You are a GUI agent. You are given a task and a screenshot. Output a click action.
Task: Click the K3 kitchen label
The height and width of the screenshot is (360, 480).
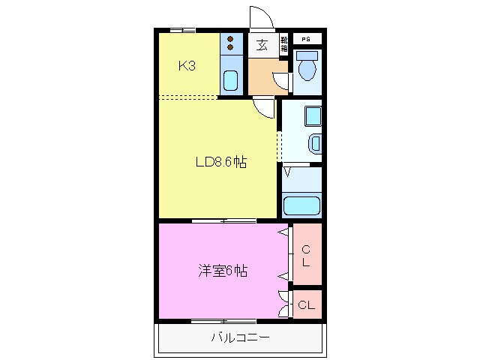(x=187, y=66)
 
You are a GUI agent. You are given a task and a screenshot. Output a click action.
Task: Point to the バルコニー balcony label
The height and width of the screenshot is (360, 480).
(x=239, y=337)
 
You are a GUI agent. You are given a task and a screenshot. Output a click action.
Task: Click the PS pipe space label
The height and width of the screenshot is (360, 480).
(x=306, y=39)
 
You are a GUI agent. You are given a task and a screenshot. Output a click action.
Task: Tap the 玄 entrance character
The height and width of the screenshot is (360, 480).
(x=262, y=45)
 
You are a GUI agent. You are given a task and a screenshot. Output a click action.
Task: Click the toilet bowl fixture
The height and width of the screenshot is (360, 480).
(x=307, y=68)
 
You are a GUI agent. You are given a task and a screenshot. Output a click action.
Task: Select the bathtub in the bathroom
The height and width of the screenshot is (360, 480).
(x=301, y=205)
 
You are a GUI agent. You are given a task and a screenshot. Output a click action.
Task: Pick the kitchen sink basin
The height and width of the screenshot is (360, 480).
(x=231, y=79)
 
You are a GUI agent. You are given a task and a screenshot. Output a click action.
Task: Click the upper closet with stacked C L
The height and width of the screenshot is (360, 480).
(x=306, y=255)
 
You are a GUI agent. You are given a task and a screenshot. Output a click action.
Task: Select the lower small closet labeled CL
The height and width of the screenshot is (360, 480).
(x=306, y=305)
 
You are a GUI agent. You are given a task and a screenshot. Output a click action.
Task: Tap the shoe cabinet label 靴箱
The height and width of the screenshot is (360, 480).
(x=284, y=44)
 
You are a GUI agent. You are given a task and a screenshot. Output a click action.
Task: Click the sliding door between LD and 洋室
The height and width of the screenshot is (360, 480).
(x=223, y=220)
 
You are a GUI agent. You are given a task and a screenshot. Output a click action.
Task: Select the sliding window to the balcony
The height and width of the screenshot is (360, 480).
(x=223, y=321)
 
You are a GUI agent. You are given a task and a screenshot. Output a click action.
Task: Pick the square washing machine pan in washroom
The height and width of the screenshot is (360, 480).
(x=312, y=116)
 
